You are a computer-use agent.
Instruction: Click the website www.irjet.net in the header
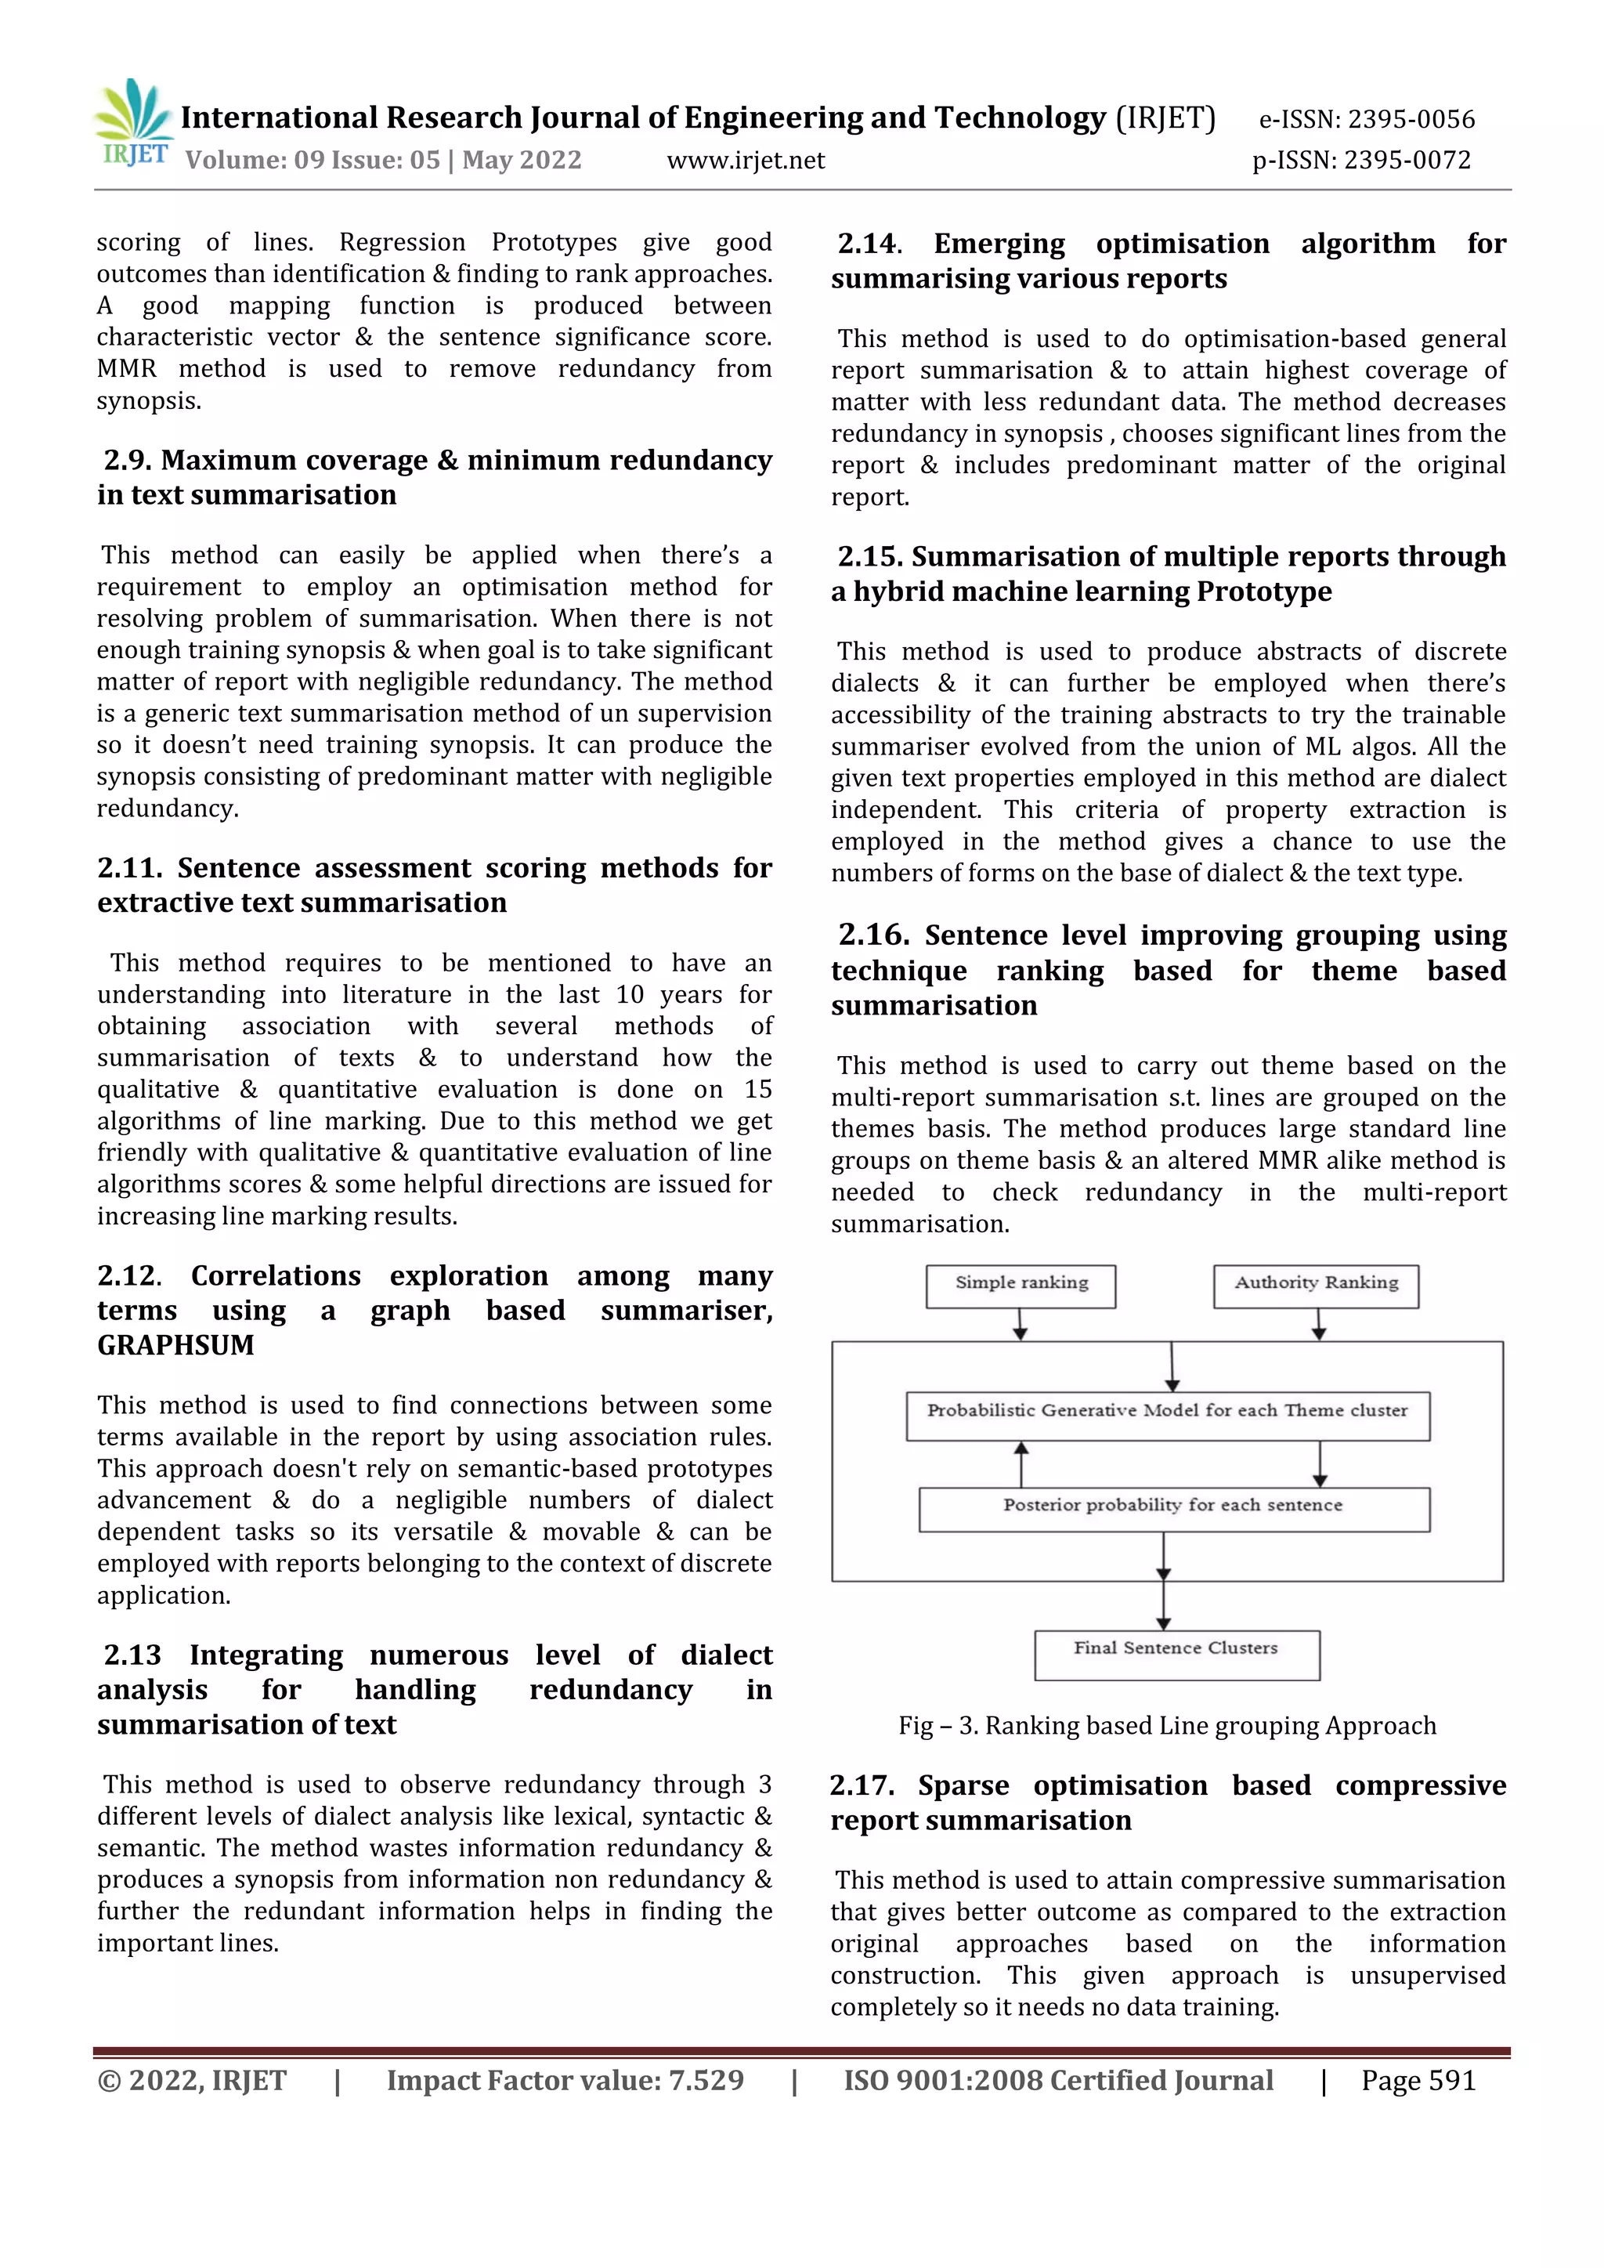tap(746, 160)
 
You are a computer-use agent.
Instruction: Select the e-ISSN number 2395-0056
tap(1411, 120)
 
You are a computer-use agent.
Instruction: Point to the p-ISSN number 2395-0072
tap(1408, 160)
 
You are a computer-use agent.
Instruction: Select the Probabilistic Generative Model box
tap(1168, 1415)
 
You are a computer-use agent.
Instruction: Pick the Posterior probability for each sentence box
tap(1173, 1508)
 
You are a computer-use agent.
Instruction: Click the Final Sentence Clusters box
tap(1176, 1654)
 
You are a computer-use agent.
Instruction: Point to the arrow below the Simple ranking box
tap(1021, 1325)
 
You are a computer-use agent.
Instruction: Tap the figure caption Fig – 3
tap(1166, 1726)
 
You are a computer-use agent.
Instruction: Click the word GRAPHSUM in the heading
tap(175, 1345)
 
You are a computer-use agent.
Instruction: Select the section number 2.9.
tap(128, 461)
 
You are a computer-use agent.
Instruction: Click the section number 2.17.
tap(862, 1786)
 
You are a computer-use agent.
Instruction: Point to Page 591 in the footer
tap(1418, 2080)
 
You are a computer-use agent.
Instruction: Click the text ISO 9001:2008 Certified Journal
tap(1058, 2080)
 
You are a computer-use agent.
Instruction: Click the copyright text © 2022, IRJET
tap(192, 2080)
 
